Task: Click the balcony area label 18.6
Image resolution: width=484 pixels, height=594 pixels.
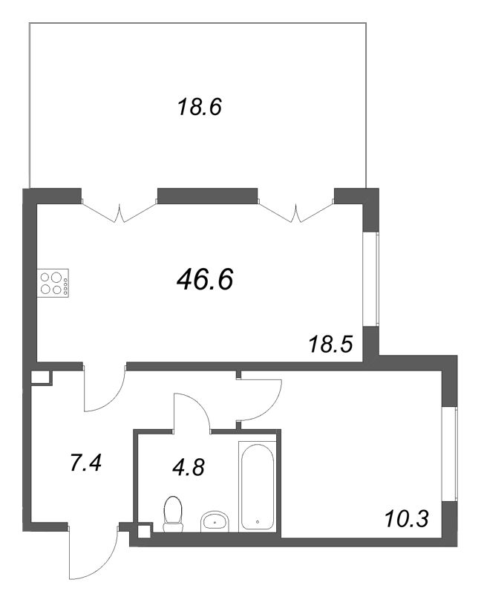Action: click(200, 108)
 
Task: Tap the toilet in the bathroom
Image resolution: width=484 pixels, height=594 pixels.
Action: click(172, 515)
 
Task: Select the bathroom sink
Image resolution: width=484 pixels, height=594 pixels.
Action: click(216, 520)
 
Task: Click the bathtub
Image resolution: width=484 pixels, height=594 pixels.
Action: click(258, 486)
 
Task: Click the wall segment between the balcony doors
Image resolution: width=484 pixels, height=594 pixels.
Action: click(209, 196)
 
